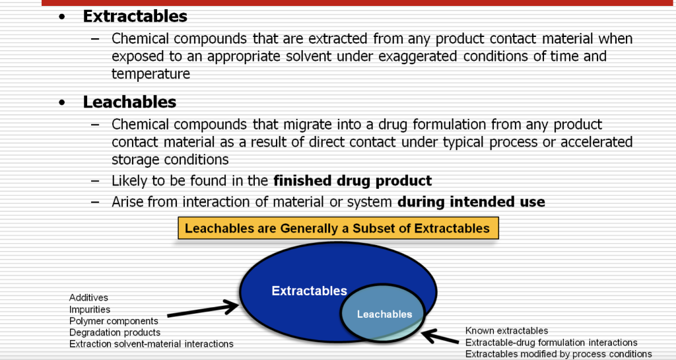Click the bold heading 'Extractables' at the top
(135, 17)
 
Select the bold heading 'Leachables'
(129, 102)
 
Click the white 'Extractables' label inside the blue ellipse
(309, 291)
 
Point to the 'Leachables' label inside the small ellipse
(384, 314)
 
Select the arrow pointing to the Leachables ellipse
(440, 337)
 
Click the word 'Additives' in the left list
(88, 298)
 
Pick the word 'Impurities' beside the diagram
(90, 309)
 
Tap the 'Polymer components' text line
(114, 321)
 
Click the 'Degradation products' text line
(115, 332)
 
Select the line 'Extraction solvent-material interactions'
(151, 343)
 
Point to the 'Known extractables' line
(506, 330)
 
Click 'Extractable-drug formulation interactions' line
(551, 342)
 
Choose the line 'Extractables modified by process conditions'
(558, 354)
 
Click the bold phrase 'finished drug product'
(353, 180)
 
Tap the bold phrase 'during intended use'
(471, 202)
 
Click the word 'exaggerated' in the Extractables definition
(417, 56)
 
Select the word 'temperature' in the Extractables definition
(151, 73)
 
